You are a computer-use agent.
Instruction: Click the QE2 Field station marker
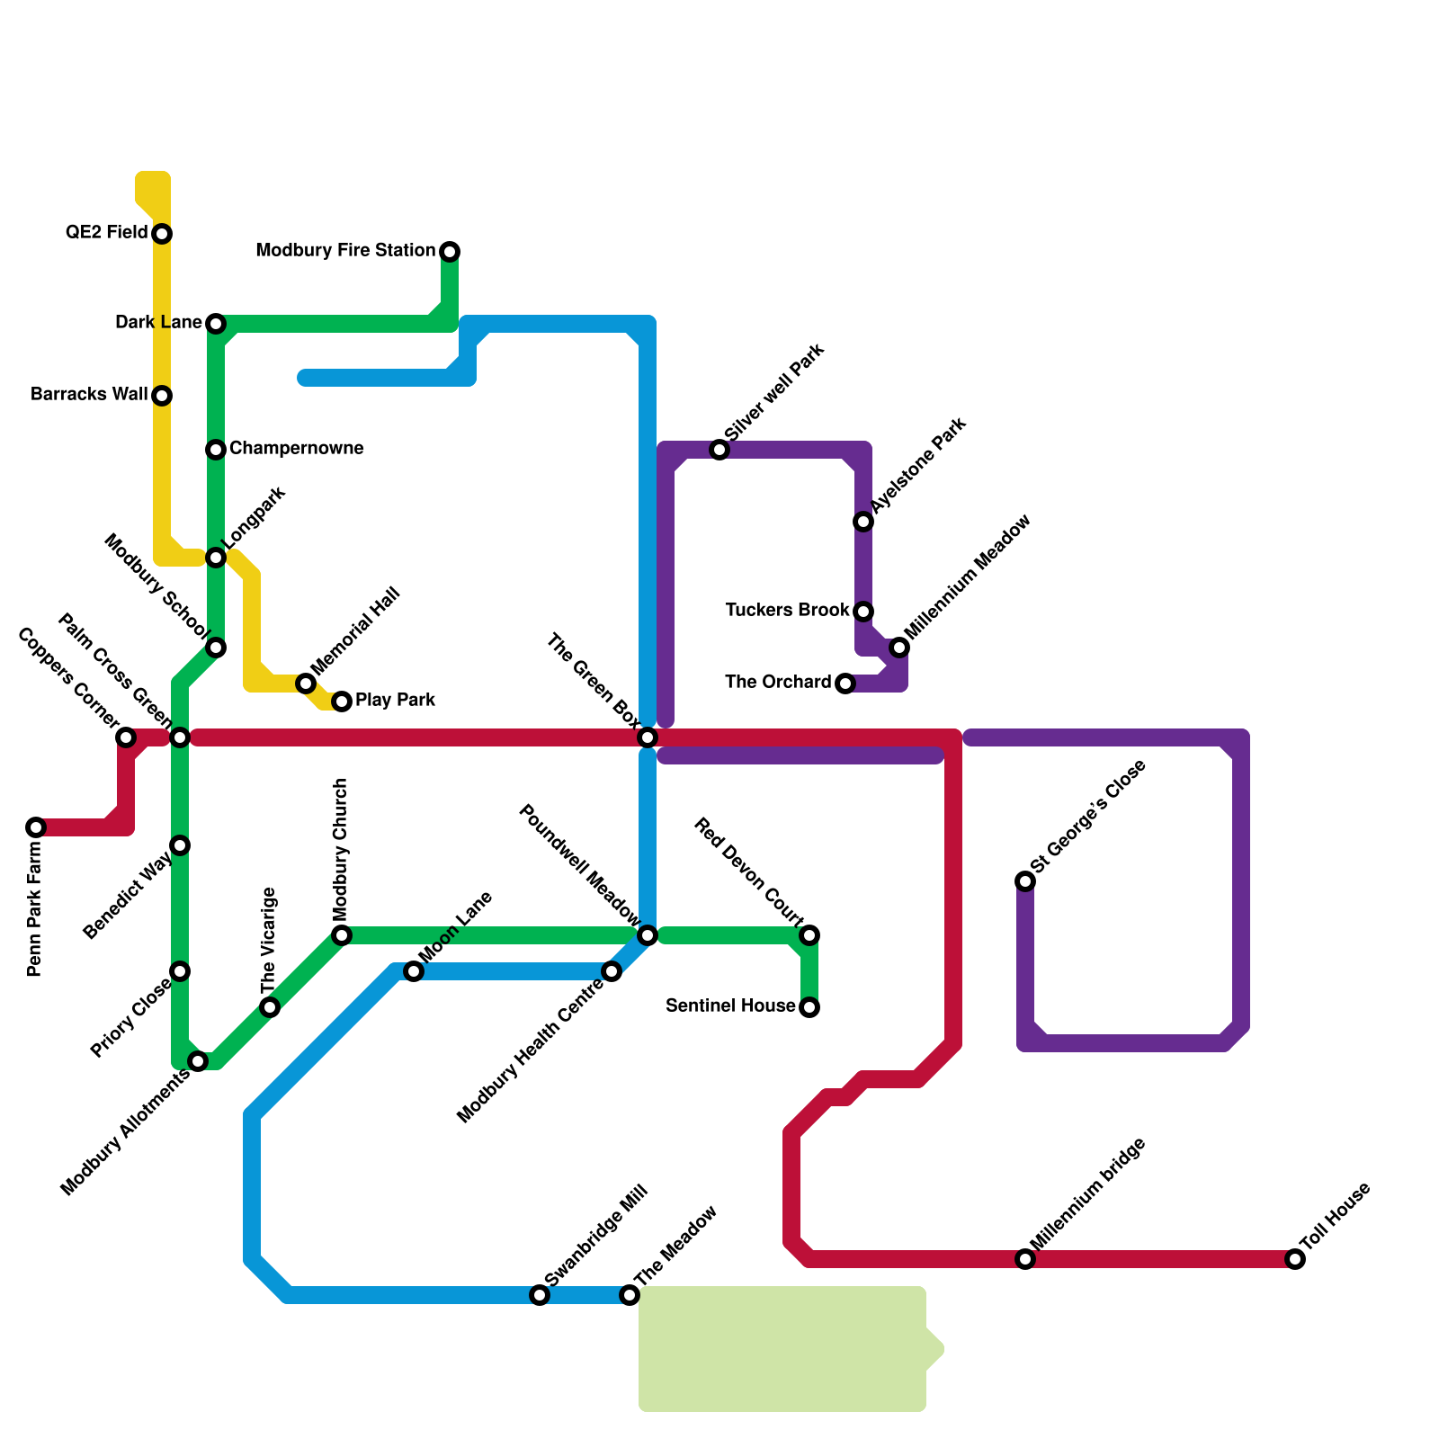point(162,234)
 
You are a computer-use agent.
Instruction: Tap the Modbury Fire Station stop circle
point(450,251)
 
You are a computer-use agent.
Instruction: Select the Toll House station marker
point(1295,1259)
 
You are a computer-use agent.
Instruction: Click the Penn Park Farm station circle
point(36,827)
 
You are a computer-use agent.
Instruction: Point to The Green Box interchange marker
point(648,737)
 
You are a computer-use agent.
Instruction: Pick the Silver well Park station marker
point(719,450)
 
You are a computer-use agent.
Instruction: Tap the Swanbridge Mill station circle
point(540,1295)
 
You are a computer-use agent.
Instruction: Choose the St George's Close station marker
point(1025,881)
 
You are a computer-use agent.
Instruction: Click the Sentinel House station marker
point(809,1007)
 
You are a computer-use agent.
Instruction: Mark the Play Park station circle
point(342,702)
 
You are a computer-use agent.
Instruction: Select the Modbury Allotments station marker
point(199,1062)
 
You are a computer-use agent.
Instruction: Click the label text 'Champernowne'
point(296,448)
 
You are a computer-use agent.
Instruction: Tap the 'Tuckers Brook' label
point(787,611)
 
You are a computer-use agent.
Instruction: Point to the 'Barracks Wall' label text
point(89,395)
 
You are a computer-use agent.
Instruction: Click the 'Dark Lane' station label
point(158,323)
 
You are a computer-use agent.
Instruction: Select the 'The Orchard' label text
point(778,683)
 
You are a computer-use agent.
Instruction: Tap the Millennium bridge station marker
point(1025,1259)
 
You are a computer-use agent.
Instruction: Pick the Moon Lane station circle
point(414,971)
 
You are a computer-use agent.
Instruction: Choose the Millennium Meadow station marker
point(899,648)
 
